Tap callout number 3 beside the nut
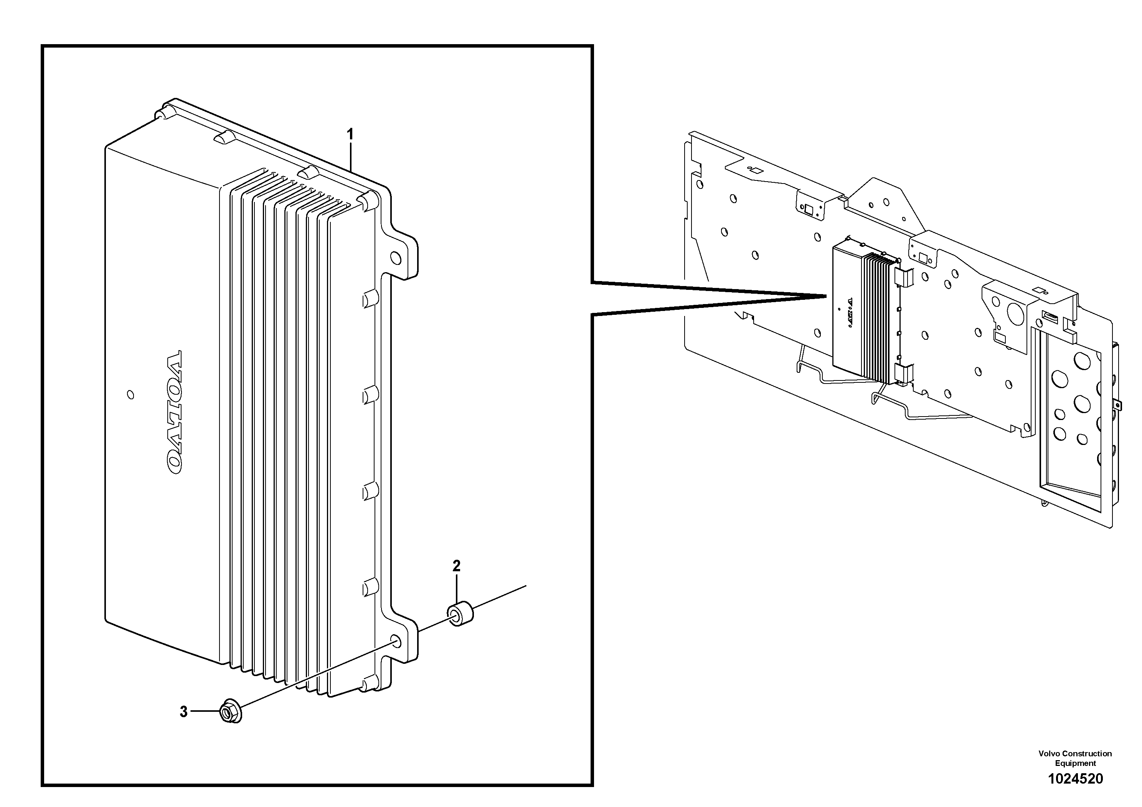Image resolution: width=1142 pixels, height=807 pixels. click(183, 712)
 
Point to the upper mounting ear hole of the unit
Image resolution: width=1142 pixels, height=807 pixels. click(396, 258)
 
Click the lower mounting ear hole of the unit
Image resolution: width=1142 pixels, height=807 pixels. click(396, 641)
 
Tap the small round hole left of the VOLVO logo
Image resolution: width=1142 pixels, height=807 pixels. click(130, 395)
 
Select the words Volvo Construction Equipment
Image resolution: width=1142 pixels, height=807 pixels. click(1075, 758)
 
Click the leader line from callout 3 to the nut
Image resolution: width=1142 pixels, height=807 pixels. click(205, 711)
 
